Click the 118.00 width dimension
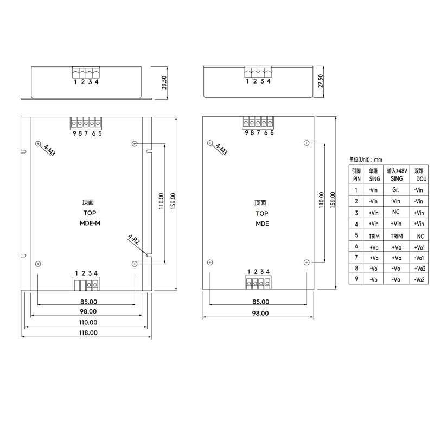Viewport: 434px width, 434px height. (x=88, y=333)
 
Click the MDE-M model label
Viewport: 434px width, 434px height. (x=90, y=224)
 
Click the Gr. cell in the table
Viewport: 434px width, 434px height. (x=395, y=190)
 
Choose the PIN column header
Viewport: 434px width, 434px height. (x=356, y=178)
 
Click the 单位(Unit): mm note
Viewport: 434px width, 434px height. (x=366, y=159)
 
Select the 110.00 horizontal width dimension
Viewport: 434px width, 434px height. (x=88, y=322)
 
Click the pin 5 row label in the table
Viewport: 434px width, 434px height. (x=356, y=235)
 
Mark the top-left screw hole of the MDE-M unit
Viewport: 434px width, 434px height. (x=37, y=144)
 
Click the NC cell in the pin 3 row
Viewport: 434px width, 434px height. (x=395, y=212)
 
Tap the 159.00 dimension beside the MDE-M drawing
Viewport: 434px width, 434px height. (x=173, y=203)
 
